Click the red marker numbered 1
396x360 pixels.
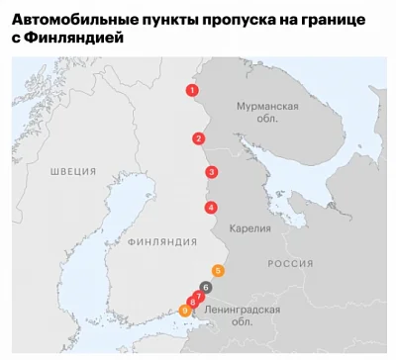[x=191, y=90]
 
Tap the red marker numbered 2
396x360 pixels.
[x=199, y=138]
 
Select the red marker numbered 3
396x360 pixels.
[x=211, y=172]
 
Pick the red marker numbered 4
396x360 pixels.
[x=210, y=208]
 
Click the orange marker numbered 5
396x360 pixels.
[x=218, y=270]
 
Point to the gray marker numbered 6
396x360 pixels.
[x=205, y=287]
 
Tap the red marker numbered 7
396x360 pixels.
[x=199, y=296]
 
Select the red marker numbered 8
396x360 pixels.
[x=192, y=302]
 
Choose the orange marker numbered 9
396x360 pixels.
[x=184, y=311]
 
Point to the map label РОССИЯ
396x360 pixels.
[x=291, y=263]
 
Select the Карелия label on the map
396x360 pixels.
[x=249, y=228]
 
